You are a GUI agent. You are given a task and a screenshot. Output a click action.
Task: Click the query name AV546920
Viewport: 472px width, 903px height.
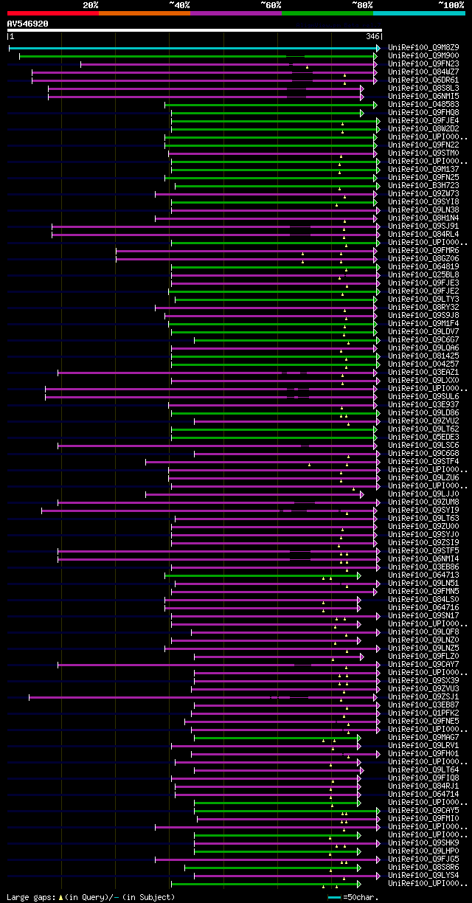28,24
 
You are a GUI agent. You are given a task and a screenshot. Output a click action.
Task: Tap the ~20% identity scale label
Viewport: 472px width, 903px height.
90,5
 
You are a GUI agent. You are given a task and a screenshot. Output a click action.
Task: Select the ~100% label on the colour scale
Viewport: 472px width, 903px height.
451,5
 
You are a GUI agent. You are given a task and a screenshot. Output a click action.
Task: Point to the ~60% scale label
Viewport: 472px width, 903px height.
271,5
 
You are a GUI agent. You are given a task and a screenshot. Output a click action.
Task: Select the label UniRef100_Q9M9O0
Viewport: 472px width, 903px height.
423,56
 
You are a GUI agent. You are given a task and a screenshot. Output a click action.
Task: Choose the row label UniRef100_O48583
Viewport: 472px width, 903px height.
423,105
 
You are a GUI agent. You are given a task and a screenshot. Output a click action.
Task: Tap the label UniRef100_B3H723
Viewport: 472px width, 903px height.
423,186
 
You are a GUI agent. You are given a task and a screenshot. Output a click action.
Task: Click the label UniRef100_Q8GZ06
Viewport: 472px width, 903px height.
423,259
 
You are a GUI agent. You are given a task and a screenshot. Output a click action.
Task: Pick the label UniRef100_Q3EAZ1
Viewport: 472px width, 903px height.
423,373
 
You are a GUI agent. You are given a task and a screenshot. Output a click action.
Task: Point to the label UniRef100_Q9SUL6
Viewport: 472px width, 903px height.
423,397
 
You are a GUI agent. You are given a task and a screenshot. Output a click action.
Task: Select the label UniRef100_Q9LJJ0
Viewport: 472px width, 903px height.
423,494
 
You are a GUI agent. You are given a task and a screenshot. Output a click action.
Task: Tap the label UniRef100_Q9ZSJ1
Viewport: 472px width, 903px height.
423,697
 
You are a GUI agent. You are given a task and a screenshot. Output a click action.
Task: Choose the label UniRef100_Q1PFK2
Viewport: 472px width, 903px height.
423,713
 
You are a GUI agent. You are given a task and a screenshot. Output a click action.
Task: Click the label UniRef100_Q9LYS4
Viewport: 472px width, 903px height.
423,876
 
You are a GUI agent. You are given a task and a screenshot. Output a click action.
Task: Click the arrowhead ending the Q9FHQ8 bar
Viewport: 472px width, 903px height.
362,113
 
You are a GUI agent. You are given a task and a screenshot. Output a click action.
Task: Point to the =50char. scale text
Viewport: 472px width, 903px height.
361,897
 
